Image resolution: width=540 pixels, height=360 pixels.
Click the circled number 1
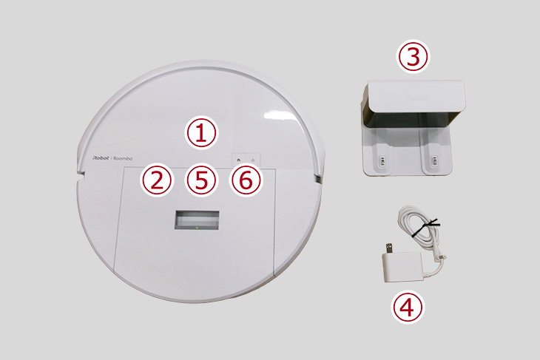(201, 133)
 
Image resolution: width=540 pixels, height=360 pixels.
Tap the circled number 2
(157, 180)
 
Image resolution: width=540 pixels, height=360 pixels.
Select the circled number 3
(414, 56)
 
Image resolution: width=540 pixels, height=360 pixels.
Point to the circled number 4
(408, 307)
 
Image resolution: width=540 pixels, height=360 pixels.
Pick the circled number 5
(201, 180)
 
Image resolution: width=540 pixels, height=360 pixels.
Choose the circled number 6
(246, 180)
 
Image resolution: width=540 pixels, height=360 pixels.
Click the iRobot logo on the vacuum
(101, 158)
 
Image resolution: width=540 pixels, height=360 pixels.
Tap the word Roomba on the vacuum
(123, 158)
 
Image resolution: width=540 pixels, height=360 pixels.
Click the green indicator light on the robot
(197, 228)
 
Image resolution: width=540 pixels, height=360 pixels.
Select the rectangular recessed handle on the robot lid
(197, 220)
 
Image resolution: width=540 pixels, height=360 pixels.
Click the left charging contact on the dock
(382, 160)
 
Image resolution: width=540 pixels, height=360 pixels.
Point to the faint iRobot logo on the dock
(416, 98)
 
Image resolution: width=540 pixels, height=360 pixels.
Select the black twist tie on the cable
(425, 227)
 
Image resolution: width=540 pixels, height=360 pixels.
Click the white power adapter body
(402, 267)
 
